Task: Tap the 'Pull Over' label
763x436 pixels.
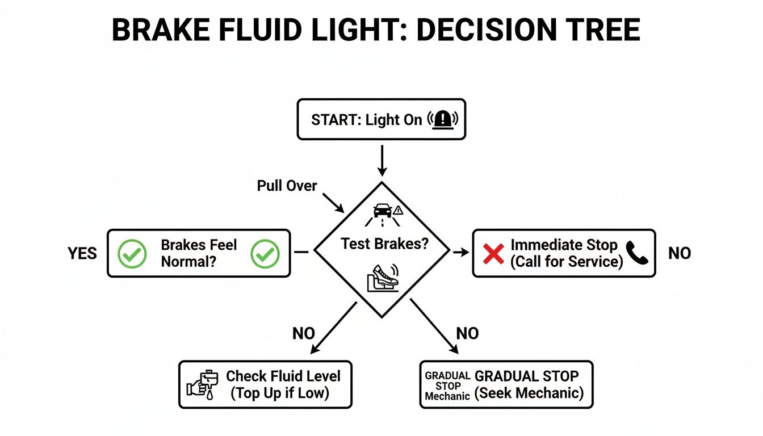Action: point(287,186)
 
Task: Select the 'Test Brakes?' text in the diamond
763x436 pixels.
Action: point(384,244)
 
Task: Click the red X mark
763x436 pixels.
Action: point(493,253)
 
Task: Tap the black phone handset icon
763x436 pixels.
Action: point(638,253)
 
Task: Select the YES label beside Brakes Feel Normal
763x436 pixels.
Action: point(82,253)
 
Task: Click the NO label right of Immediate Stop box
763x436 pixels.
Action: point(679,253)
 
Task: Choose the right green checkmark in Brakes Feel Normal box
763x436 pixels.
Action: point(265,253)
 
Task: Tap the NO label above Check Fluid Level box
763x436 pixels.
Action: point(303,334)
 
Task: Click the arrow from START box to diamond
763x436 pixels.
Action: point(382,160)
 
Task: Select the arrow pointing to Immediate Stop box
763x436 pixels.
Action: point(460,252)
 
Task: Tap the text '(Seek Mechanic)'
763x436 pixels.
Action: point(529,393)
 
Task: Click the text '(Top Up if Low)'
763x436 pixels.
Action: point(279,393)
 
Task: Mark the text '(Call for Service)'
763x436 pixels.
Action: point(567,262)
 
